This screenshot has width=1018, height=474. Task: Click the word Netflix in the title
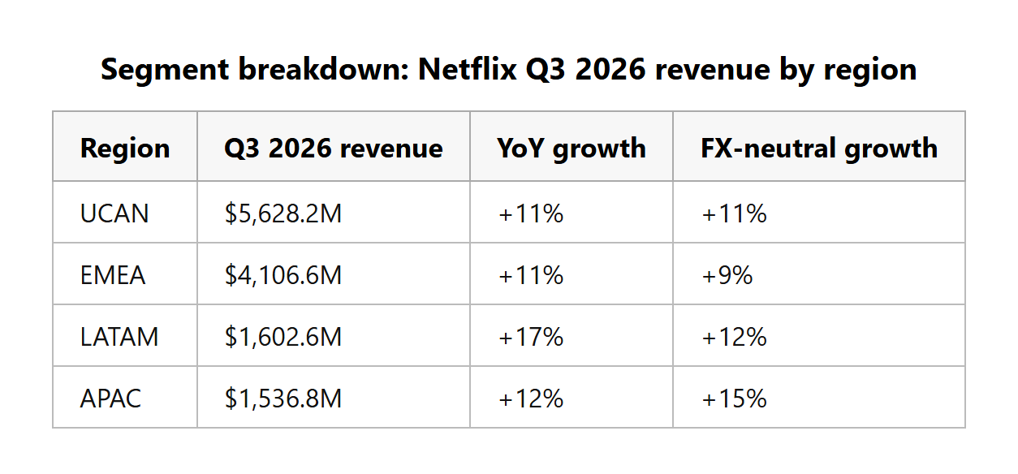[467, 70]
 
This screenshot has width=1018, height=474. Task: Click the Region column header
[125, 149]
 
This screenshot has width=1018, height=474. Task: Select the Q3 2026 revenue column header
[333, 149]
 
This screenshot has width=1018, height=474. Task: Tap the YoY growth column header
[572, 149]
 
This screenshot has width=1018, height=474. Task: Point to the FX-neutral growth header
[819, 149]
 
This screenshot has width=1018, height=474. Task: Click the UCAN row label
[114, 213]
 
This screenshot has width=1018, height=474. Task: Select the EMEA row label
[113, 275]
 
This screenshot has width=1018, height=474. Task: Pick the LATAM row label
[119, 337]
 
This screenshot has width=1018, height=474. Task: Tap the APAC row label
[110, 399]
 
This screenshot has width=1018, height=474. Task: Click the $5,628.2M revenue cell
[283, 213]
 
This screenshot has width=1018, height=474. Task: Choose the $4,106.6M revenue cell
[283, 275]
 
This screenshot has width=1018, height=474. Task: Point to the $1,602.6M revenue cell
[283, 337]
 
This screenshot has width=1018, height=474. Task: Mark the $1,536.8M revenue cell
[283, 399]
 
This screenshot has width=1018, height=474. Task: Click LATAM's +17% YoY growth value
[531, 337]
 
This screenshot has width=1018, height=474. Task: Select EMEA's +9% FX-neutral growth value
[727, 275]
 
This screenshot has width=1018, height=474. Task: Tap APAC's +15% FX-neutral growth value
[735, 399]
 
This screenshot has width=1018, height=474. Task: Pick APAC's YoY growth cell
[531, 399]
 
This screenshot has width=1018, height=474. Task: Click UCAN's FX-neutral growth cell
[735, 213]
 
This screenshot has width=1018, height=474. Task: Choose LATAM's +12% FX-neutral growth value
[735, 337]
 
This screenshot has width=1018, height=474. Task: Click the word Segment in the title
[165, 71]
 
